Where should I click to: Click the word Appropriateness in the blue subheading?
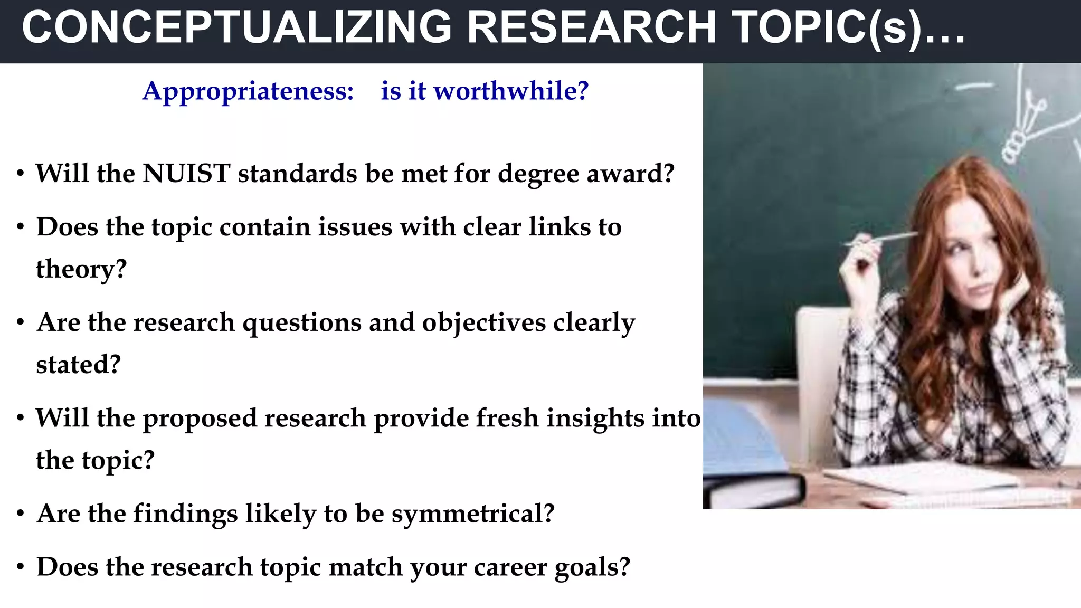[248, 91]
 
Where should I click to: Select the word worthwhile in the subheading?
[510, 91]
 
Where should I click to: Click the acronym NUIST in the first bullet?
[186, 174]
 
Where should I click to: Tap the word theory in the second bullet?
[81, 270]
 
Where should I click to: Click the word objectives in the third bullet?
[483, 323]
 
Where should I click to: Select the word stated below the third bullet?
[78, 365]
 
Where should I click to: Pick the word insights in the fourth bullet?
[595, 419]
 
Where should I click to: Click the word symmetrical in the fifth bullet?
[472, 514]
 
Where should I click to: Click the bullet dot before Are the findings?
[21, 513]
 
